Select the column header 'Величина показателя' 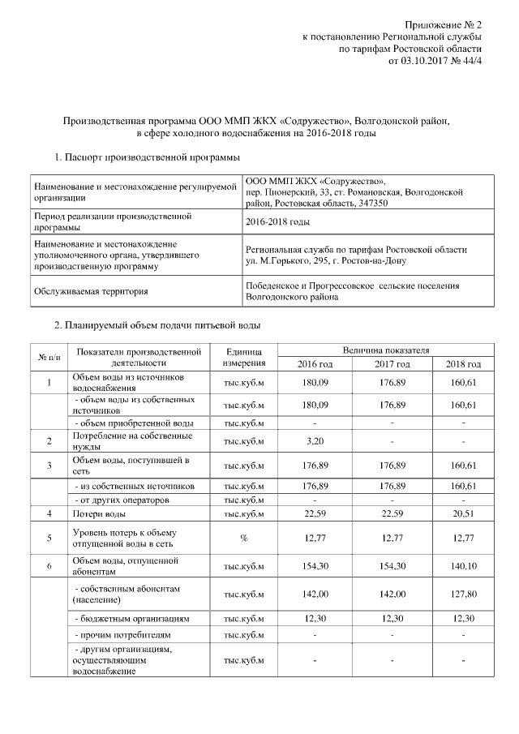(385, 350)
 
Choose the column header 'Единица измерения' (244, 356)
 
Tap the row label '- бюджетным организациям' (131, 618)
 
